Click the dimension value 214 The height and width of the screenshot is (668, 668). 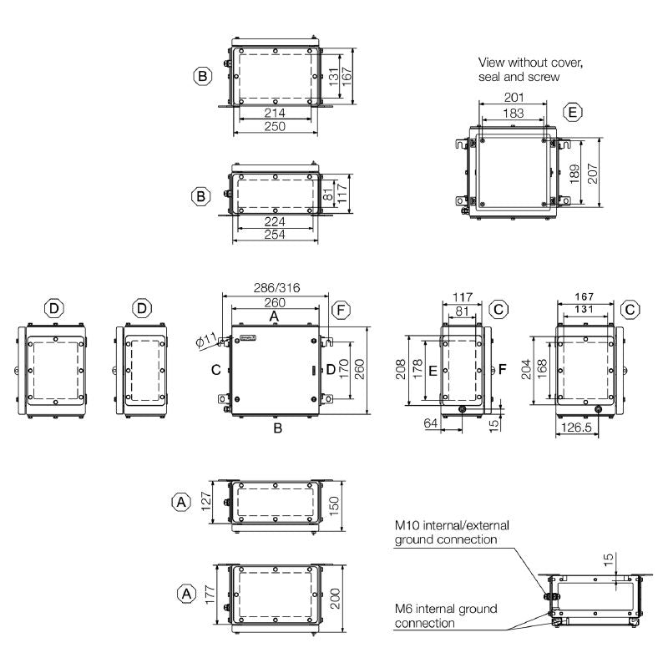point(275,113)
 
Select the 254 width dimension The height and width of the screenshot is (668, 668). point(275,235)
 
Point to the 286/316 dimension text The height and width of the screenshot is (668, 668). point(276,288)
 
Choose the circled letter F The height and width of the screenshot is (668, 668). point(341,310)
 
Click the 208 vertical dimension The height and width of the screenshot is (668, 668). point(402,368)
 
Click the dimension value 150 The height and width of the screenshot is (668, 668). point(333,506)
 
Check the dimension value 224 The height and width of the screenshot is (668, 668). point(275,222)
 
